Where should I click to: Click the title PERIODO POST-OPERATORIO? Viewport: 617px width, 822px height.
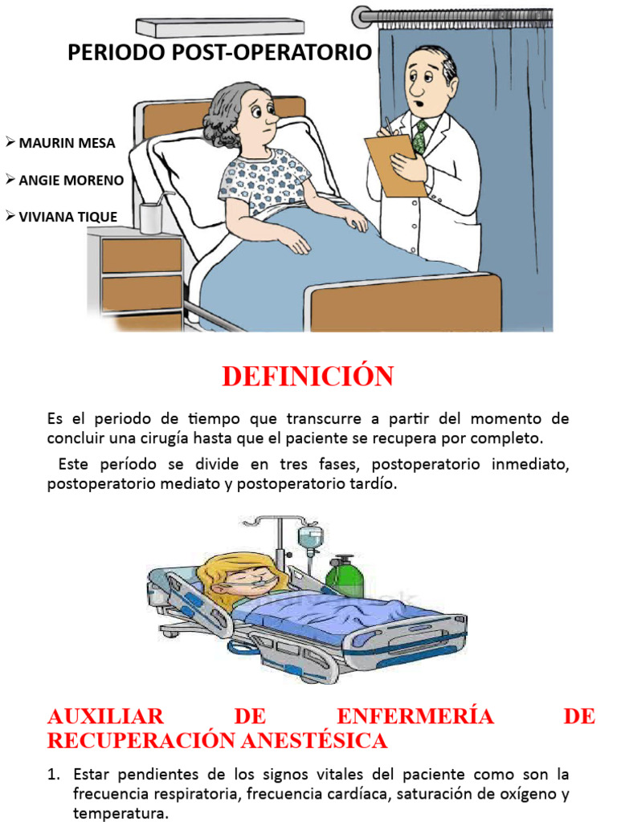point(219,53)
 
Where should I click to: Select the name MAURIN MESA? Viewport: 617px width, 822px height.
point(67,144)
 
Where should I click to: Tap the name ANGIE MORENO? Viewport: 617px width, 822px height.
point(71,181)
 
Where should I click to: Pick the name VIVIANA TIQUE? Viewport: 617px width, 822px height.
point(68,217)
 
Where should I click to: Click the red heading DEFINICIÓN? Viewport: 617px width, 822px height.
point(308,376)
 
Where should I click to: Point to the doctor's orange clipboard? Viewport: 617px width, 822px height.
point(394,164)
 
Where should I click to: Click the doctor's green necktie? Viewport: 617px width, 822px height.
point(419,136)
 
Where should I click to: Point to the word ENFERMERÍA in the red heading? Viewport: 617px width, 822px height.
point(415,716)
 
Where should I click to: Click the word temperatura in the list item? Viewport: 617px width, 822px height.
point(120,813)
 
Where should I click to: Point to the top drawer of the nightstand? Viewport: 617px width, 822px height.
point(141,255)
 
